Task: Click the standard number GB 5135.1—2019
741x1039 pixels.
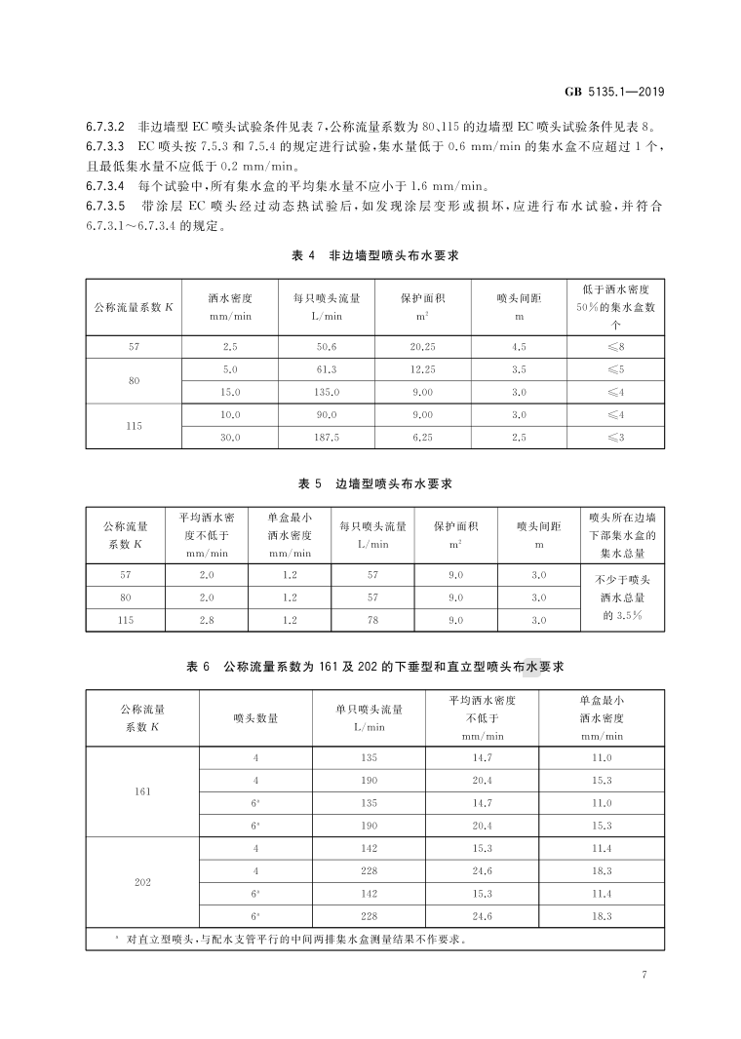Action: [x=614, y=93]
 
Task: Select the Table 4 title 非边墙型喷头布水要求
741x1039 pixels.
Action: [x=375, y=255]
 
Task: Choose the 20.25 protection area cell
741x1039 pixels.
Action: [x=422, y=347]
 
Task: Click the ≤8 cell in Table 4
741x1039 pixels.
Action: [x=615, y=347]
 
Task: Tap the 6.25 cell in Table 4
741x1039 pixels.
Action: [x=422, y=438]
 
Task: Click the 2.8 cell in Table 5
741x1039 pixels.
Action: [x=206, y=619]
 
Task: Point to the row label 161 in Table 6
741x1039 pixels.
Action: [x=142, y=791]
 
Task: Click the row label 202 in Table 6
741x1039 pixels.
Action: [x=142, y=883]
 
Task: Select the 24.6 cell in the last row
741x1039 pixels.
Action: [x=482, y=917]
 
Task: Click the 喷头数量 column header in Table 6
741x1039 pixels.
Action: [x=255, y=718]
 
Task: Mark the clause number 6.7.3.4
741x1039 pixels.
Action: [x=105, y=185]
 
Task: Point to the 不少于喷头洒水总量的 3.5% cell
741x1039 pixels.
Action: [x=615, y=596]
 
